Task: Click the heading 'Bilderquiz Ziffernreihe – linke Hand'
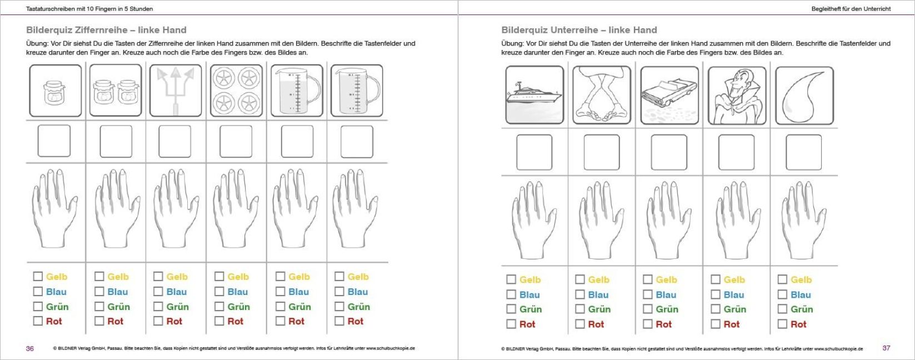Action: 106,30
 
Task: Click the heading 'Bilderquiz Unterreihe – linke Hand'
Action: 579,30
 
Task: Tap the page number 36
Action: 30,348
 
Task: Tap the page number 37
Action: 886,348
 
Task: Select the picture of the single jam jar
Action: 56,91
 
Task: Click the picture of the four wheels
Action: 236,91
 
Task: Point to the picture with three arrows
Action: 176,91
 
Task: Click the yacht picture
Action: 534,95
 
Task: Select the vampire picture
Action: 737,95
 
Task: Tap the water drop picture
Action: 804,95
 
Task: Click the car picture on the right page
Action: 669,95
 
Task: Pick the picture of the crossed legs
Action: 602,95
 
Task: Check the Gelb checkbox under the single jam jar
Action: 38,276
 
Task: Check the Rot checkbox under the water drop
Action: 782,324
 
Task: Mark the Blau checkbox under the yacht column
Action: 511,294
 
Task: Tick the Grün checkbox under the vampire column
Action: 716,309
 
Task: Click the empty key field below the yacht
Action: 534,152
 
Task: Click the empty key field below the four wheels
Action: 236,141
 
